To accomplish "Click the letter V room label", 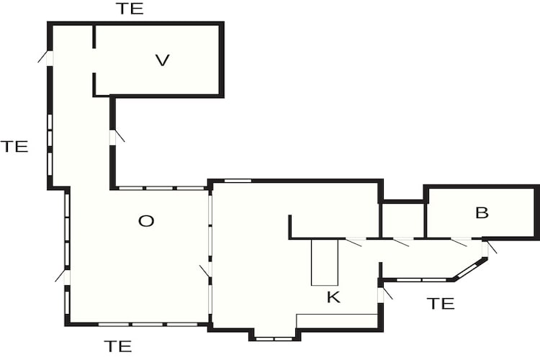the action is click(162, 60).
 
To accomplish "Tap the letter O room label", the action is click(146, 221).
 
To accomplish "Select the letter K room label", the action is click(333, 297).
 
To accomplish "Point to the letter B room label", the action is click(482, 213).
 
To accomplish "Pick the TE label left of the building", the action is click(14, 146).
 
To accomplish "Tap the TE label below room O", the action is click(118, 346).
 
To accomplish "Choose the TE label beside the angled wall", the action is click(441, 304).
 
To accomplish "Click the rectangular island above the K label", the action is click(325, 262).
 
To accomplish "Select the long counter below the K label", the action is click(337, 320).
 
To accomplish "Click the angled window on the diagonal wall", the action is click(469, 269).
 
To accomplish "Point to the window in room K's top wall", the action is click(238, 181).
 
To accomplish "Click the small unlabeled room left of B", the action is click(402, 220).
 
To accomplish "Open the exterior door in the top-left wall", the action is click(47, 58).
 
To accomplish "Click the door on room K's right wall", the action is click(384, 295).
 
